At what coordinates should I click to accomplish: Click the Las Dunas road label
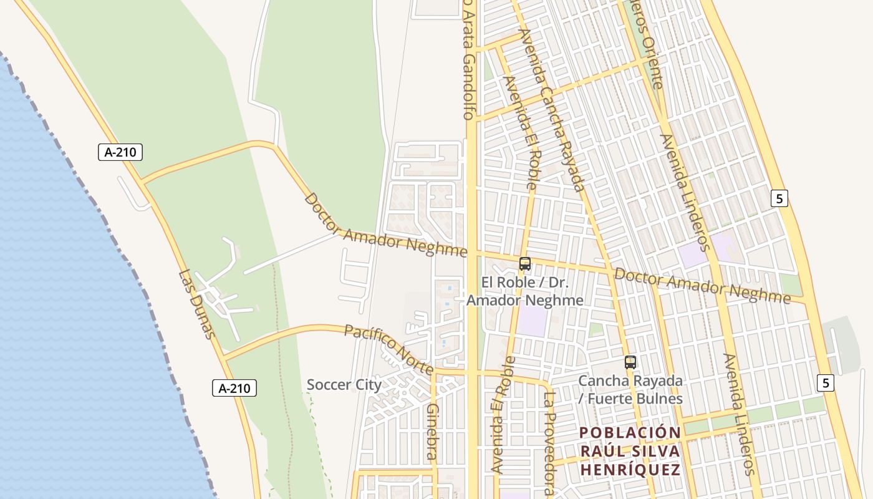197,304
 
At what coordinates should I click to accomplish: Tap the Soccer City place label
344,385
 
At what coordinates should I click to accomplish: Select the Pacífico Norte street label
388,349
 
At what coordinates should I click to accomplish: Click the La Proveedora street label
549,443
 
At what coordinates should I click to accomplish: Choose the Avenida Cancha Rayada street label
551,109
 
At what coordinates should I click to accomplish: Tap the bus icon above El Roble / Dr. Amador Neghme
525,264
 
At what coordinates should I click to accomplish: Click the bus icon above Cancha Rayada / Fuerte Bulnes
630,362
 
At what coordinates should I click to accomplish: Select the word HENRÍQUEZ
630,470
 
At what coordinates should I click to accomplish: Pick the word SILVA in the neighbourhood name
652,451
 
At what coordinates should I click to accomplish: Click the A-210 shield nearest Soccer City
234,388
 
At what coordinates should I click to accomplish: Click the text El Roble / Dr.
525,283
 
